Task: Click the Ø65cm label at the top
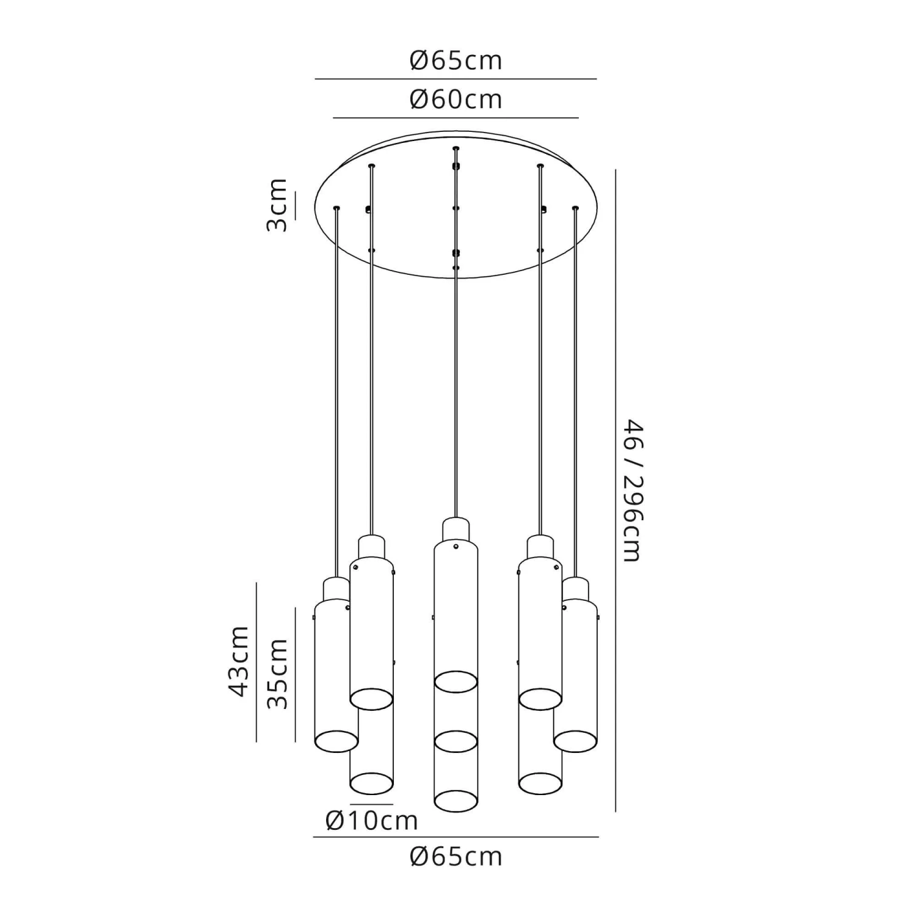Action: (456, 60)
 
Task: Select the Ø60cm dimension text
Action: (456, 99)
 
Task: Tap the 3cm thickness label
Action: (277, 205)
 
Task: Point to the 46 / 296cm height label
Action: (631, 490)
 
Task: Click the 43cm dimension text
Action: (238, 661)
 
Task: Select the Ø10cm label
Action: (372, 820)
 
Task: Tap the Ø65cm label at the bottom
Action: (456, 857)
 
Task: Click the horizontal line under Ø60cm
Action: (456, 117)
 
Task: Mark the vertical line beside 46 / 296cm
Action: (616, 490)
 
